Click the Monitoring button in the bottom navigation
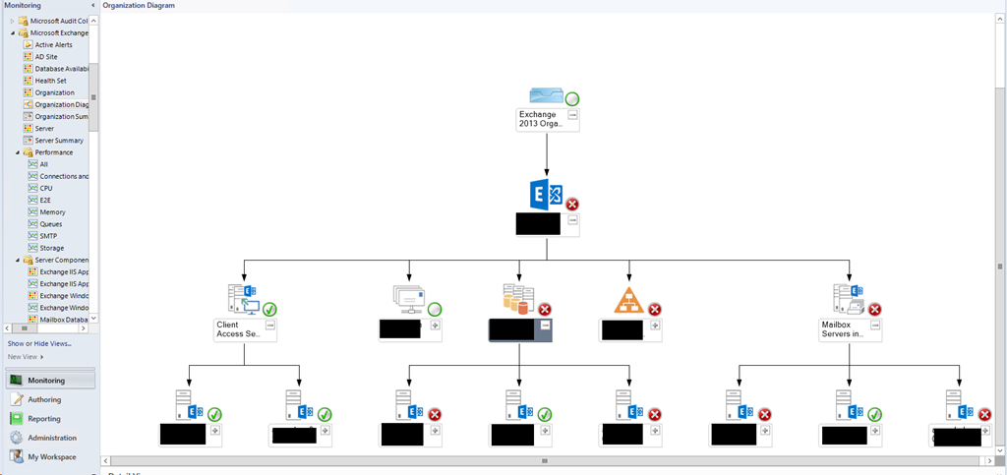[47, 380]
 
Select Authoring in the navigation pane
[44, 399]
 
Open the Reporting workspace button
[44, 419]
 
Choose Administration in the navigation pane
[51, 438]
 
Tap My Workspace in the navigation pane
[51, 456]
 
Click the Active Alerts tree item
[53, 45]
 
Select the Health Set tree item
[50, 81]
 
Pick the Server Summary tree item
[58, 141]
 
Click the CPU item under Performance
[46, 188]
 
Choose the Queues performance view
[50, 224]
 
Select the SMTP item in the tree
[49, 236]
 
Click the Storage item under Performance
[51, 248]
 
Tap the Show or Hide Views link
[39, 343]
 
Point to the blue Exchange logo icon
[546, 194]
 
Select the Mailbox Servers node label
[841, 329]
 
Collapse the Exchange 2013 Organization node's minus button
[572, 115]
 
